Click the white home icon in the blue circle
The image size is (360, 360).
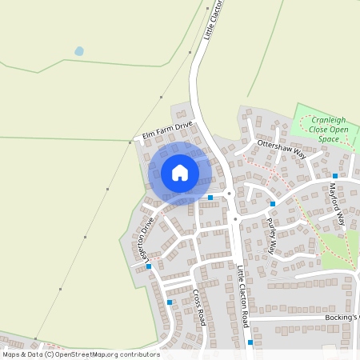(x=180, y=173)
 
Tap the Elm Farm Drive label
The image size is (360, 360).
(x=168, y=130)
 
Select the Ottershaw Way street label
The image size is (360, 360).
(x=282, y=147)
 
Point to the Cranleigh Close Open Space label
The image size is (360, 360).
(x=323, y=128)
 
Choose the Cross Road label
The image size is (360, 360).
(x=199, y=306)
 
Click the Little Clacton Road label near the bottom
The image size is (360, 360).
(x=243, y=297)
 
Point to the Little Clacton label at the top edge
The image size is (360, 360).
(x=211, y=20)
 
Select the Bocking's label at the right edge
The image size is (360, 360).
(x=342, y=318)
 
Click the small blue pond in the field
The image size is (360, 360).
(x=78, y=51)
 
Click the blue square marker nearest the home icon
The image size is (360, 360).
(x=210, y=197)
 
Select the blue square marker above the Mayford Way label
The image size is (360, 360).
(x=335, y=174)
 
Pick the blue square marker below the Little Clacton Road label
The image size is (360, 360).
(x=250, y=342)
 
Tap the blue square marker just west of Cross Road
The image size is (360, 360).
(x=170, y=302)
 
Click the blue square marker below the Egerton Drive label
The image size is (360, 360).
(x=149, y=266)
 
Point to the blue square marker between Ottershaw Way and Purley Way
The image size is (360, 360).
(x=273, y=203)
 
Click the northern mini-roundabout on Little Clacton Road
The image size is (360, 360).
(x=229, y=194)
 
